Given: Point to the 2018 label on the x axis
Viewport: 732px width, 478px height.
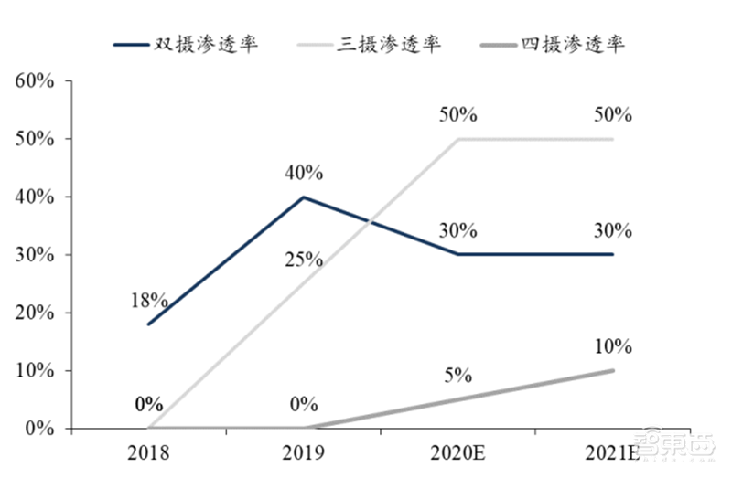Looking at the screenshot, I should [147, 451].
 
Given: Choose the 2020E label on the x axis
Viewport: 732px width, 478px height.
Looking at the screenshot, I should [457, 451].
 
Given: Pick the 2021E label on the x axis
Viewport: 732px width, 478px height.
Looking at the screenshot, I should [612, 451].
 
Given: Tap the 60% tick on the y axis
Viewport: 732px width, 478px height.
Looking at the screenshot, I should [36, 80].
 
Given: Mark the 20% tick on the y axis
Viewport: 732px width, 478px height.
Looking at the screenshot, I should [36, 313].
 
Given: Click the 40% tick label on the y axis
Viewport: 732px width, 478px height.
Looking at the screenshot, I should [36, 197].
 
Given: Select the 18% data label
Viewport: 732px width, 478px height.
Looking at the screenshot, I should [147, 300].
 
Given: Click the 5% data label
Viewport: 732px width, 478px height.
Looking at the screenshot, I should [457, 375].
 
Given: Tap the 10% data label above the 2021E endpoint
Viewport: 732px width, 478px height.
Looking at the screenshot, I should [612, 346].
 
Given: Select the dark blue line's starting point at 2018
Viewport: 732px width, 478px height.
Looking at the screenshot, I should [147, 324].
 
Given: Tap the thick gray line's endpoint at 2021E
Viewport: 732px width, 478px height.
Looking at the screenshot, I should [612, 370].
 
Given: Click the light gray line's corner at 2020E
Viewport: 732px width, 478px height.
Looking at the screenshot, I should [457, 139].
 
